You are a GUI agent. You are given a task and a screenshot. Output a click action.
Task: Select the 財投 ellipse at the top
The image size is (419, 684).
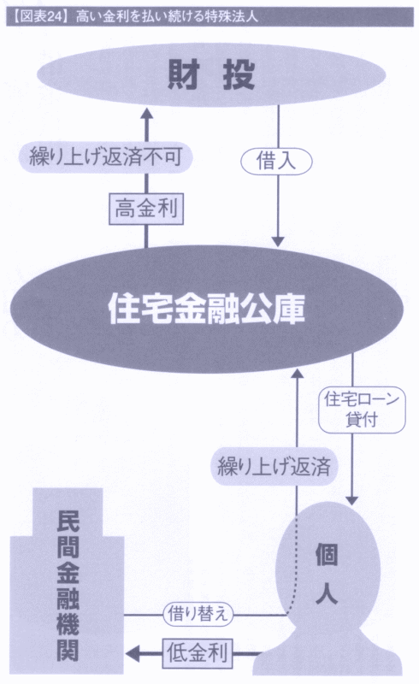tap(211, 74)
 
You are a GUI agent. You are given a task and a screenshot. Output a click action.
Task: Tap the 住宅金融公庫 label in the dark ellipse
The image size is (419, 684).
tap(206, 310)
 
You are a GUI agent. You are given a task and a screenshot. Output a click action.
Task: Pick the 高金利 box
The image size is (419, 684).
tap(146, 209)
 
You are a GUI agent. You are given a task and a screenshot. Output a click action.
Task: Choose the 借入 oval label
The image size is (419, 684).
tap(276, 161)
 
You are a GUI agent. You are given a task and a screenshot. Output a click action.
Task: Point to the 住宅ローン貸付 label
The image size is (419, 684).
tap(362, 410)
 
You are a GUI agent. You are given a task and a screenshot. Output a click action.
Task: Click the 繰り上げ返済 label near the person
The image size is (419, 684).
tap(274, 466)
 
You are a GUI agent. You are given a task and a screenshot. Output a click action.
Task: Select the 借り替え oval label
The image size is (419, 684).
tap(198, 614)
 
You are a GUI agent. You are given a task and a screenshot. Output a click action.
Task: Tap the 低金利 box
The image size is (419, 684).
tap(198, 653)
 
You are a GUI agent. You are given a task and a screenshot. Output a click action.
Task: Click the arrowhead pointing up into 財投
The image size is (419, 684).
tap(146, 114)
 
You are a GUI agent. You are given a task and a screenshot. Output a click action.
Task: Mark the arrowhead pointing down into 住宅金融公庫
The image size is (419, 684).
tap(279, 242)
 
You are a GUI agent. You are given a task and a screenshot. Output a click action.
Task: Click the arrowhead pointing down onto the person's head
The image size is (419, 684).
tap(351, 500)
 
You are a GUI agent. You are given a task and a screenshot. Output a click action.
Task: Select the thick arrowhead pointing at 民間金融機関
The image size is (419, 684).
tap(133, 653)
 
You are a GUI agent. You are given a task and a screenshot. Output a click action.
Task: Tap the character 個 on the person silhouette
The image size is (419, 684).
tap(327, 555)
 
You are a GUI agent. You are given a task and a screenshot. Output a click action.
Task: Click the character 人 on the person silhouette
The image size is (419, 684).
tap(327, 593)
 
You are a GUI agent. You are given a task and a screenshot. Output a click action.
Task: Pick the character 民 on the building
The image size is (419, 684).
tap(68, 522)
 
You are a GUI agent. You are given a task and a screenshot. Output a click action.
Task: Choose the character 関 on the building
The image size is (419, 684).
tap(68, 649)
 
